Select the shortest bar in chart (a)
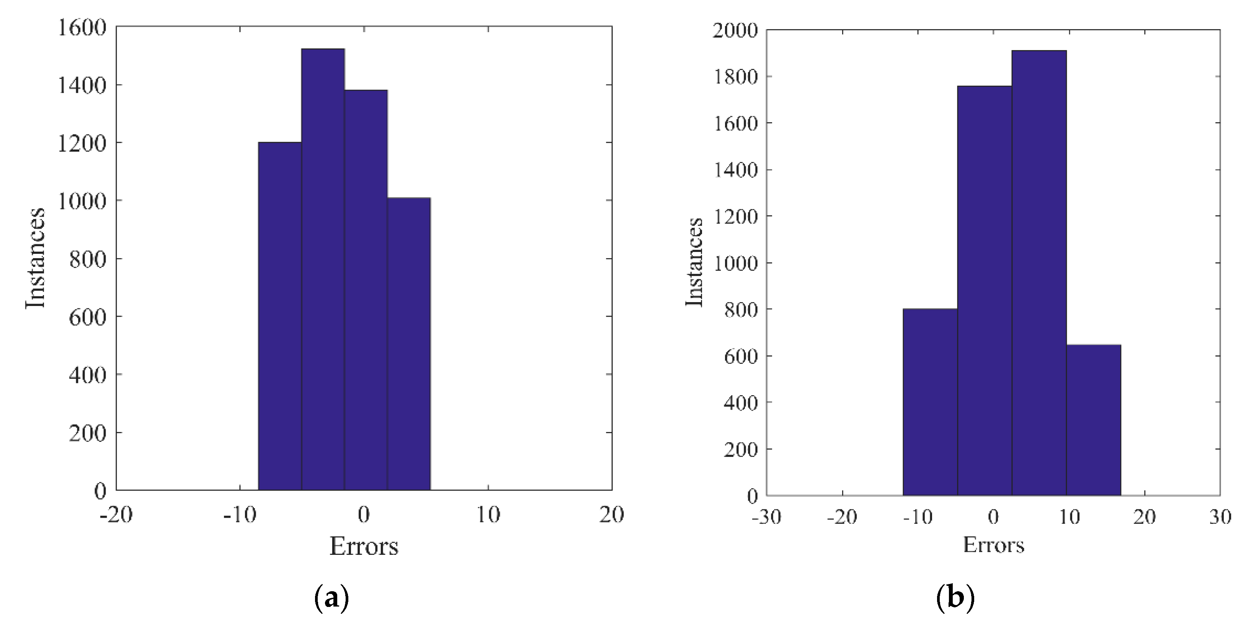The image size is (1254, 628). (409, 344)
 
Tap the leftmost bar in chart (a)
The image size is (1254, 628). (280, 316)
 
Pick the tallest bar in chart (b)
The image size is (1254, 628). (1039, 273)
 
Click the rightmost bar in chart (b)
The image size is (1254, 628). (1093, 420)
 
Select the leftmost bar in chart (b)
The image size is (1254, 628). (930, 402)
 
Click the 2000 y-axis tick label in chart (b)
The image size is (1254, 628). (735, 31)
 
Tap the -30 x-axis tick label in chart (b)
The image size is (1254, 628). (767, 517)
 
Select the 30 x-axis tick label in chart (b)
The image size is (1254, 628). (1220, 517)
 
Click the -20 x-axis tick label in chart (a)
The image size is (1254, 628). (116, 515)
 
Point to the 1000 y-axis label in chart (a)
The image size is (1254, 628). (82, 201)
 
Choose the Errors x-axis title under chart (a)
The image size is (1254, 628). (364, 546)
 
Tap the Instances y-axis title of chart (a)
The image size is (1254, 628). (35, 258)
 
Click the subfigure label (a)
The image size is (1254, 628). (332, 597)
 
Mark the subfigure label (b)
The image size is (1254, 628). (955, 597)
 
